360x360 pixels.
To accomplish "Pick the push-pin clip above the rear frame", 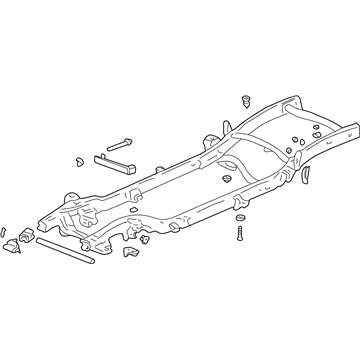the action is pyautogui.click(x=244, y=101).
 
